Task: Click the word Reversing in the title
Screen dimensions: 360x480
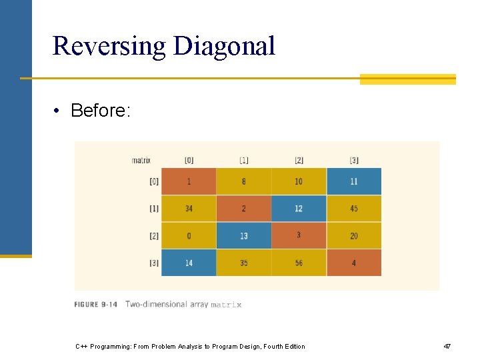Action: pyautogui.click(x=109, y=46)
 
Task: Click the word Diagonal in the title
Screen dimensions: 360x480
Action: pyautogui.click(x=224, y=46)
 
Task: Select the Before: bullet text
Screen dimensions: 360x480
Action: pyautogui.click(x=100, y=111)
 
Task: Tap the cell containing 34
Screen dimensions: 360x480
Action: pyautogui.click(x=189, y=209)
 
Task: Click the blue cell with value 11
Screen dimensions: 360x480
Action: pyautogui.click(x=353, y=181)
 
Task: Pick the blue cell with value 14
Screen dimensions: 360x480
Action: pyautogui.click(x=189, y=263)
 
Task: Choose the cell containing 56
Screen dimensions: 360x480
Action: pyautogui.click(x=299, y=263)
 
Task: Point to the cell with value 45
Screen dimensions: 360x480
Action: pyautogui.click(x=353, y=209)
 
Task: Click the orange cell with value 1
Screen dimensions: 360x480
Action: pyautogui.click(x=189, y=181)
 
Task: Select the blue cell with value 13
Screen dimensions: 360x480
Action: pyautogui.click(x=244, y=235)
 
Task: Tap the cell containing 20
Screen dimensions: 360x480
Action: pyautogui.click(x=353, y=235)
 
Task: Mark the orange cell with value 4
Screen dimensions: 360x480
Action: pyautogui.click(x=353, y=263)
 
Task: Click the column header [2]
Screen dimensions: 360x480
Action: pyautogui.click(x=299, y=160)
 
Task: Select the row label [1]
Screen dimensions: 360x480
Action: pyautogui.click(x=154, y=209)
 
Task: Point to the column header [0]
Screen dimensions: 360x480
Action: pyautogui.click(x=189, y=160)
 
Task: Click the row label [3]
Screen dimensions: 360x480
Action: pyautogui.click(x=154, y=263)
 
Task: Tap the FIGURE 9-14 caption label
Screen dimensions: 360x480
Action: pyautogui.click(x=96, y=305)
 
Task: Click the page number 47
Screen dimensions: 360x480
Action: pyautogui.click(x=447, y=347)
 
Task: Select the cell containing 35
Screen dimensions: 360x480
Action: pyautogui.click(x=244, y=263)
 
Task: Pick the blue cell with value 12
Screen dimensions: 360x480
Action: pyautogui.click(x=299, y=209)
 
